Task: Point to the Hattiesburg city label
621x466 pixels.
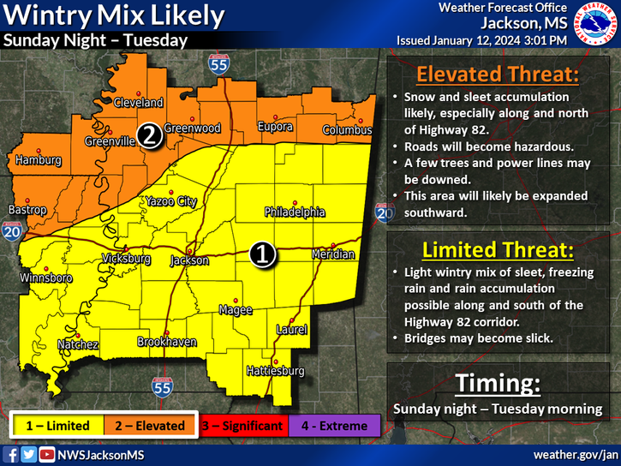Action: (x=275, y=371)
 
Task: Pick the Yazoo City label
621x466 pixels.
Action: (x=169, y=201)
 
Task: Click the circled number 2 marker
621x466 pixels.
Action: (x=150, y=134)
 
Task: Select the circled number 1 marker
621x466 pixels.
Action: (x=262, y=253)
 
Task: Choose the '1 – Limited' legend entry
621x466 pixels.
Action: (x=59, y=425)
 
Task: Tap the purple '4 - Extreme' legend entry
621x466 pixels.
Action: (x=332, y=425)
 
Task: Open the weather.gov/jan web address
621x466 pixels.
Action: (x=575, y=453)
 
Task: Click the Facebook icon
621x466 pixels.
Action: (x=12, y=454)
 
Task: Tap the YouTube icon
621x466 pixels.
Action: (x=47, y=454)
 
